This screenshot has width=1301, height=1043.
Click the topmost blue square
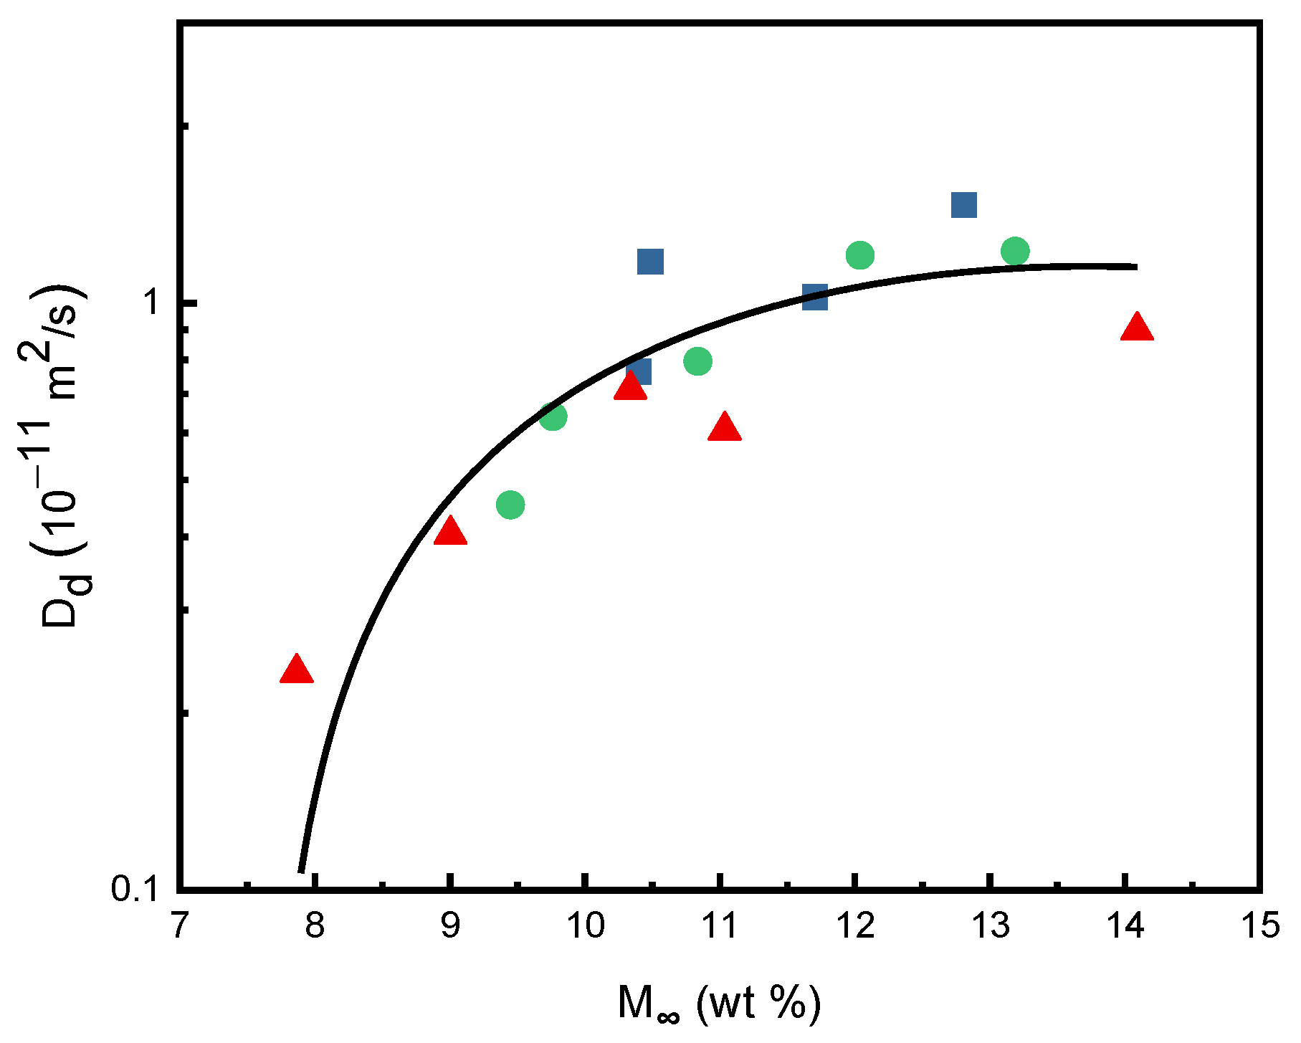point(964,205)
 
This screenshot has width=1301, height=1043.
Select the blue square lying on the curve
point(815,297)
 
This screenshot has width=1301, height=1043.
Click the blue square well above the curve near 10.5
point(650,262)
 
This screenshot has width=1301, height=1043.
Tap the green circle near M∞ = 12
point(860,254)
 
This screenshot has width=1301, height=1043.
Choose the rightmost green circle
point(1015,252)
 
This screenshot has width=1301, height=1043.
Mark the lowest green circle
point(510,505)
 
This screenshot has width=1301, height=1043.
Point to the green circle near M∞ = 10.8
point(697,361)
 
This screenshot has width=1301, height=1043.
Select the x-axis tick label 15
point(1260,926)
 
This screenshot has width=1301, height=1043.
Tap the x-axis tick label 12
point(855,926)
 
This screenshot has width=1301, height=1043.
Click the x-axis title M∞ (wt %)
point(719,1003)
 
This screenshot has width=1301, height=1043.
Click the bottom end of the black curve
point(302,870)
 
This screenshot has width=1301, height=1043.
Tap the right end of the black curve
point(1136,267)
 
